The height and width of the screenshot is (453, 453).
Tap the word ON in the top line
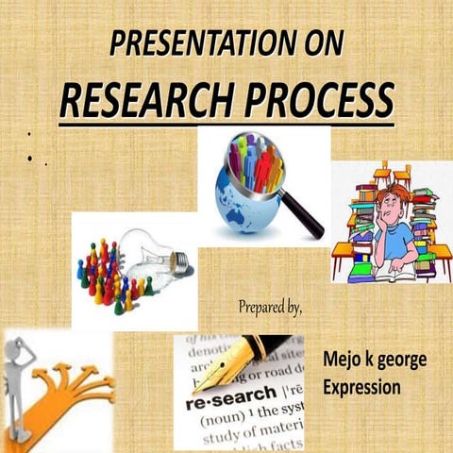pos(320,43)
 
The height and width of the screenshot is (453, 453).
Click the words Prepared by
pos(270,307)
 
